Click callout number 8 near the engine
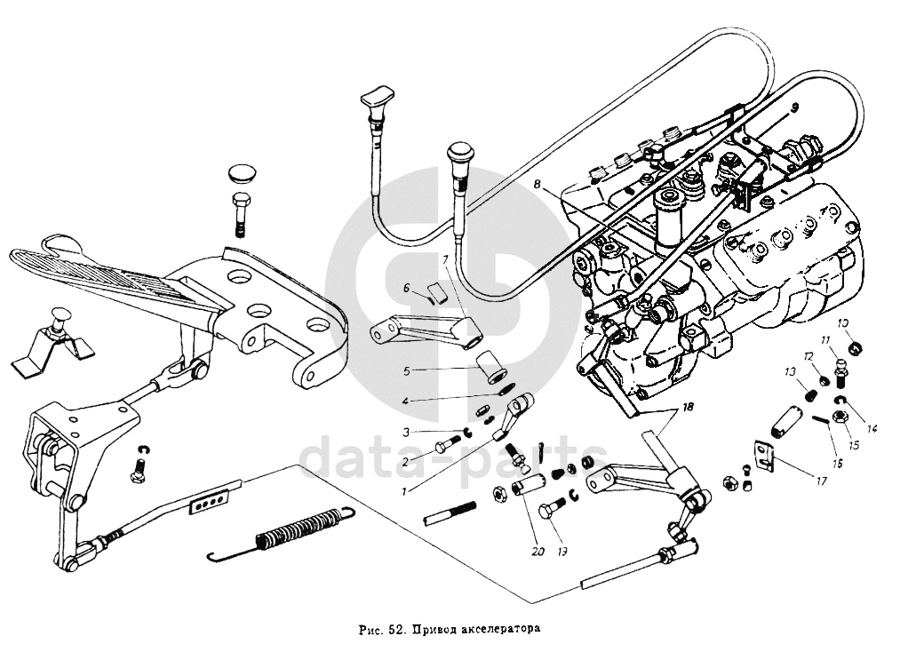(x=538, y=185)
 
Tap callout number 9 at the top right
(x=794, y=107)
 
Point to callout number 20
(x=538, y=551)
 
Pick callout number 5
(x=407, y=370)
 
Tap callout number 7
(x=445, y=260)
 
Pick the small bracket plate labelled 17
(x=765, y=453)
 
